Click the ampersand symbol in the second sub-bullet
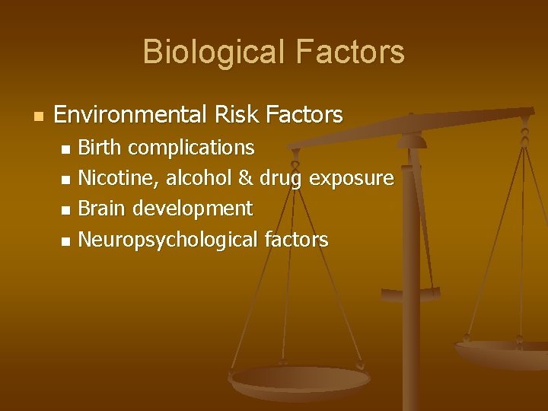click(245, 177)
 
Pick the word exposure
click(351, 177)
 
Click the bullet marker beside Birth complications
click(65, 148)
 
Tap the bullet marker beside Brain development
click(65, 209)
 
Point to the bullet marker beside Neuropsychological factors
click(65, 241)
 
